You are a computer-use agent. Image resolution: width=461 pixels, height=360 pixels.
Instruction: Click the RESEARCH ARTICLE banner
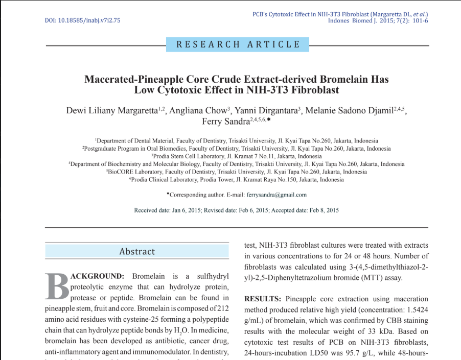tap(238, 44)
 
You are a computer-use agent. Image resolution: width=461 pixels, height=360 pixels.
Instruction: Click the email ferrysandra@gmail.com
tap(276, 195)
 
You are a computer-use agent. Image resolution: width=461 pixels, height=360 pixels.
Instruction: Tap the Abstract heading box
tap(136, 251)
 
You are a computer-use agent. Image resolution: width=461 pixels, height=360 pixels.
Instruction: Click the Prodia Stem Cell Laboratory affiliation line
tap(237, 156)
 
